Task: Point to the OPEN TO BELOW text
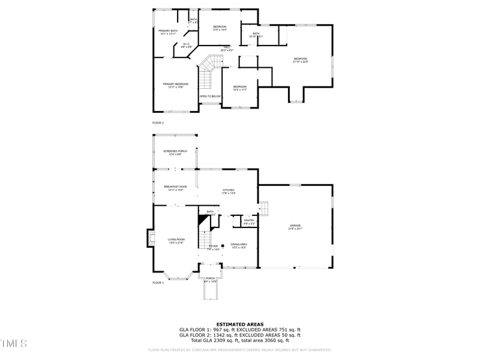210,96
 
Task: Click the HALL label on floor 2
227,48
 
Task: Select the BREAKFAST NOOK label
175,188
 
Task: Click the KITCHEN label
229,191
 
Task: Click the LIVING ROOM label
176,241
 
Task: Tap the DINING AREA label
239,245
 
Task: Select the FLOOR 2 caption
158,122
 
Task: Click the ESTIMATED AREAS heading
239,324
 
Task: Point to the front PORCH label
210,279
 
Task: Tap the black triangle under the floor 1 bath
203,221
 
